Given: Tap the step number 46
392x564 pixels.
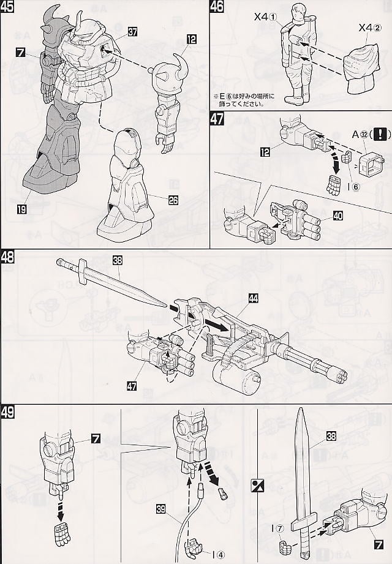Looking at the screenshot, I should (x=217, y=8).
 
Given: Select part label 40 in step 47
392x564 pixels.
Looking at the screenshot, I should (x=338, y=215).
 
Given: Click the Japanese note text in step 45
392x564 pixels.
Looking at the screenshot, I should (x=244, y=100).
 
